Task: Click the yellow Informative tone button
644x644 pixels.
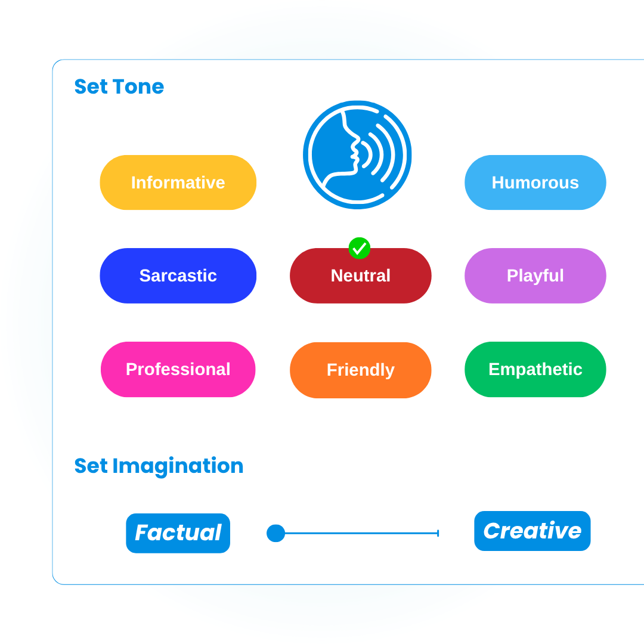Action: click(x=178, y=182)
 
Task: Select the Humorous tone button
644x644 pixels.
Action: click(x=535, y=182)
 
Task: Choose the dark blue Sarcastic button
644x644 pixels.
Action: click(x=178, y=275)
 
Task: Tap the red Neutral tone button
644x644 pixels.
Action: click(x=361, y=276)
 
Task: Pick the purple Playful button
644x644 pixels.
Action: click(x=535, y=275)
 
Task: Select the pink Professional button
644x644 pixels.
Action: click(x=178, y=369)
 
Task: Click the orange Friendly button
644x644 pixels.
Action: click(x=361, y=370)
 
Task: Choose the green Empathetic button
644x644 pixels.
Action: click(x=535, y=369)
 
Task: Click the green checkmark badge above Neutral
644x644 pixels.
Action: click(x=360, y=248)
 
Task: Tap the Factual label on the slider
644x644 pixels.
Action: click(x=178, y=533)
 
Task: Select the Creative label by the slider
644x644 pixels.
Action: click(x=532, y=531)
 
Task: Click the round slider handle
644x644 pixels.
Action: click(x=275, y=533)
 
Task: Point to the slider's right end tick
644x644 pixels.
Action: click(x=438, y=533)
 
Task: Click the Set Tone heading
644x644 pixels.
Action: click(x=119, y=86)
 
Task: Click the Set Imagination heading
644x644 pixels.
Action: click(x=159, y=466)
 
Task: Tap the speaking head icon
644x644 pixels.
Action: click(x=357, y=155)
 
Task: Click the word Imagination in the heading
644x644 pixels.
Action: click(x=178, y=466)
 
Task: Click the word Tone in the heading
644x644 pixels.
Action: click(x=138, y=86)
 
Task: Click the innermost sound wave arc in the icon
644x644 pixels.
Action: click(x=367, y=154)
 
